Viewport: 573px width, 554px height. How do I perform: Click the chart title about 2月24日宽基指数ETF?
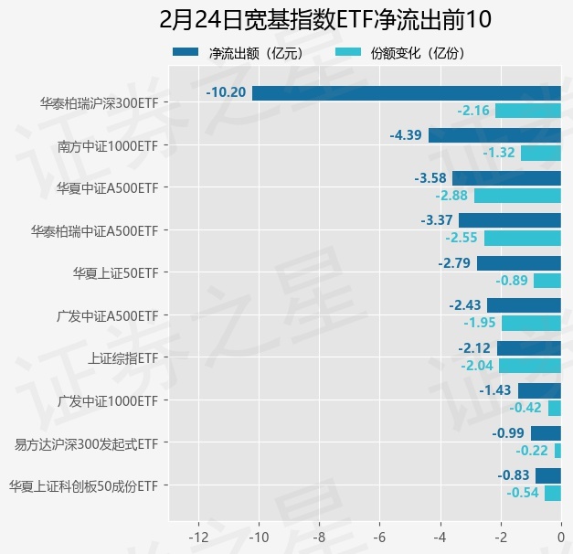(x=286, y=20)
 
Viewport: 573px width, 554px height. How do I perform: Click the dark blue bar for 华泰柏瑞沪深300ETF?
(x=407, y=92)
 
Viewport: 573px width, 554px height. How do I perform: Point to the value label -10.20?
(x=226, y=92)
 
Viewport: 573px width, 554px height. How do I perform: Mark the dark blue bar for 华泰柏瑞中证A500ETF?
(x=510, y=220)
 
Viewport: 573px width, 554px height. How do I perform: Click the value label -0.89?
(x=512, y=281)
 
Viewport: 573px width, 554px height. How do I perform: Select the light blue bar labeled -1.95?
(x=531, y=324)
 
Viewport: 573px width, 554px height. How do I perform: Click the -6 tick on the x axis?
(x=380, y=537)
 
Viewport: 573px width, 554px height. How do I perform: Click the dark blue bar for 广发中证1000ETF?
(x=539, y=390)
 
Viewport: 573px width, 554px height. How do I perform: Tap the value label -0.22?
(x=532, y=451)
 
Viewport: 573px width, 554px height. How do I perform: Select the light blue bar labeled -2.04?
(x=530, y=366)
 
